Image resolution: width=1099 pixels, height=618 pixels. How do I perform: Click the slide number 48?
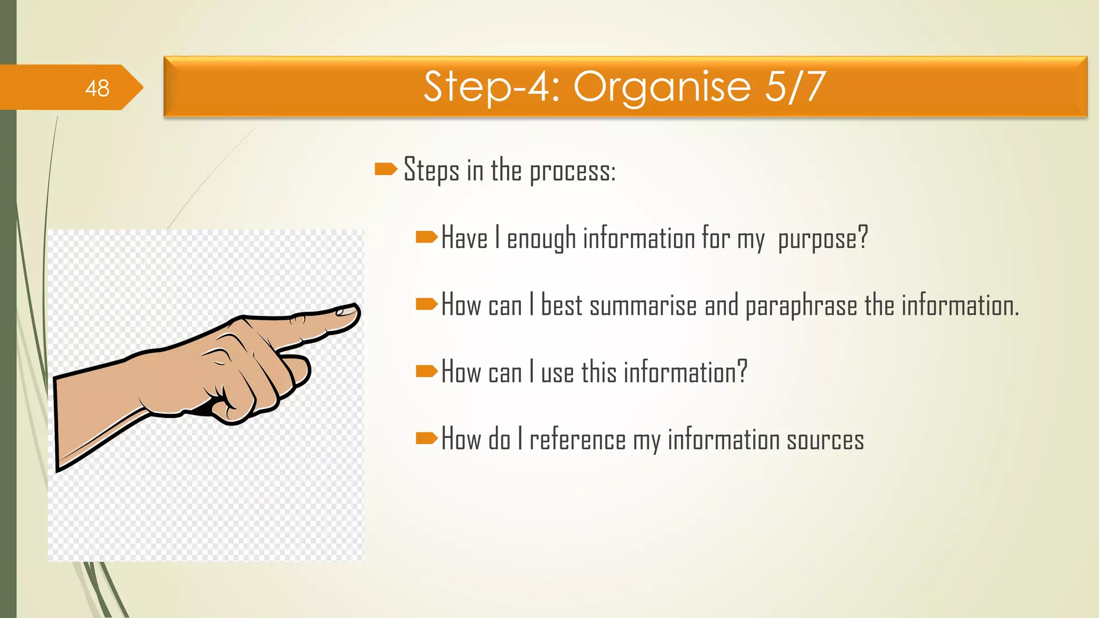click(x=97, y=88)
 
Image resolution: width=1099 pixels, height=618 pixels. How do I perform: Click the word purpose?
click(x=817, y=239)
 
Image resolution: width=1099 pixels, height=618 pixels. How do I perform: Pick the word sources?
click(x=825, y=440)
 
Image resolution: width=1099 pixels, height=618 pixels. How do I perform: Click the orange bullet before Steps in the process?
click(x=385, y=170)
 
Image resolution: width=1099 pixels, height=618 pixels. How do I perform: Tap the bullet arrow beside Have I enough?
click(x=427, y=237)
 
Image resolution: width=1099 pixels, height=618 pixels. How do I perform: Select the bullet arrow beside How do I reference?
click(x=427, y=438)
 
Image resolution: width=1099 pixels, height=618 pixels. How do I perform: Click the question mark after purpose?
click(x=862, y=237)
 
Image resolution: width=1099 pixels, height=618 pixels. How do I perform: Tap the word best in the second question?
click(x=561, y=305)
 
